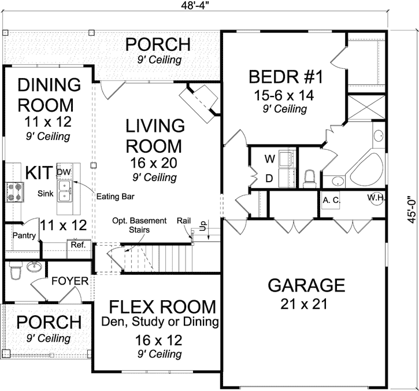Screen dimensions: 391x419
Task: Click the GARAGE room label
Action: (x=306, y=285)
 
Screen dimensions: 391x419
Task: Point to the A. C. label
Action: (x=331, y=200)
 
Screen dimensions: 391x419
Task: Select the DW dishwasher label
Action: (x=63, y=172)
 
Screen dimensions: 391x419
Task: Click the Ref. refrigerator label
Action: (x=77, y=245)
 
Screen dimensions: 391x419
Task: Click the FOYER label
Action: (x=69, y=282)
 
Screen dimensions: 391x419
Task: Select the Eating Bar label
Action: (x=115, y=197)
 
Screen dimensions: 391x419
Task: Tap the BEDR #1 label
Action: (x=280, y=77)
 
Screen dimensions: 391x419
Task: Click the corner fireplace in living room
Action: (x=199, y=100)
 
